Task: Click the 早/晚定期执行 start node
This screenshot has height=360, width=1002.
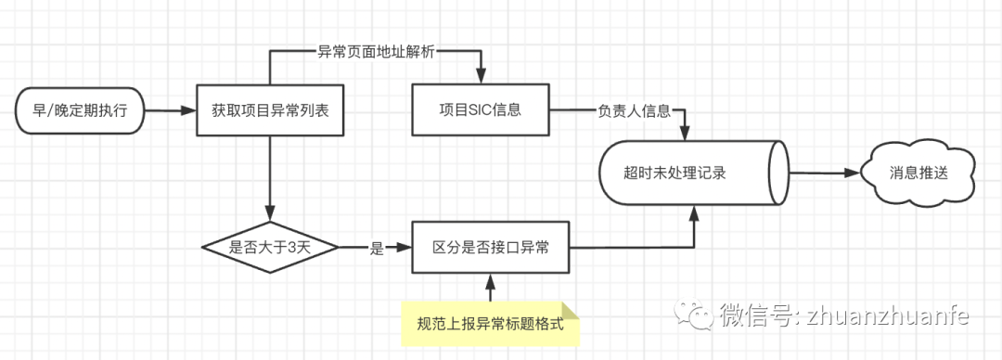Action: [82, 110]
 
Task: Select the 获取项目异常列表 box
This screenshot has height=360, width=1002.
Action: [270, 110]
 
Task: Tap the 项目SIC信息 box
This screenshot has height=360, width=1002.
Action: [481, 110]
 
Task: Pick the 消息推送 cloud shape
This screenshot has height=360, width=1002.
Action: [918, 174]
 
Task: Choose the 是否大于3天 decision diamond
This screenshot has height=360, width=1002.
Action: [270, 248]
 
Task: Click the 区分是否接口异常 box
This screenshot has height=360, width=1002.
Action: [490, 248]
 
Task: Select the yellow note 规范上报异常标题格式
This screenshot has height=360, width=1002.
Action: [490, 325]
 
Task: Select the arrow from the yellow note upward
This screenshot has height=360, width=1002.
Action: [490, 288]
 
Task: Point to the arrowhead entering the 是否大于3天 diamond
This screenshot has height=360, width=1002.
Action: [270, 215]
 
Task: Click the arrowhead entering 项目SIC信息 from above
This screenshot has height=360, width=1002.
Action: [481, 80]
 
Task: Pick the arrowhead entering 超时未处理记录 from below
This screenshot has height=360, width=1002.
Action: [694, 212]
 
